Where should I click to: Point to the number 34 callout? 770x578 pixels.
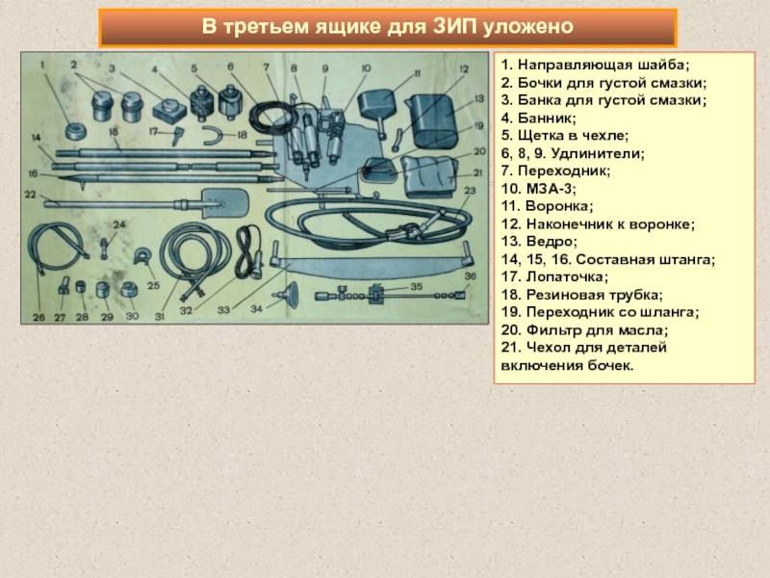(255, 309)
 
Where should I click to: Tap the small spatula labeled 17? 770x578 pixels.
(178, 134)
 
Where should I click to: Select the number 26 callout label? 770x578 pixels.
(38, 317)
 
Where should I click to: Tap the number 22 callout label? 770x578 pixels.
(31, 195)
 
